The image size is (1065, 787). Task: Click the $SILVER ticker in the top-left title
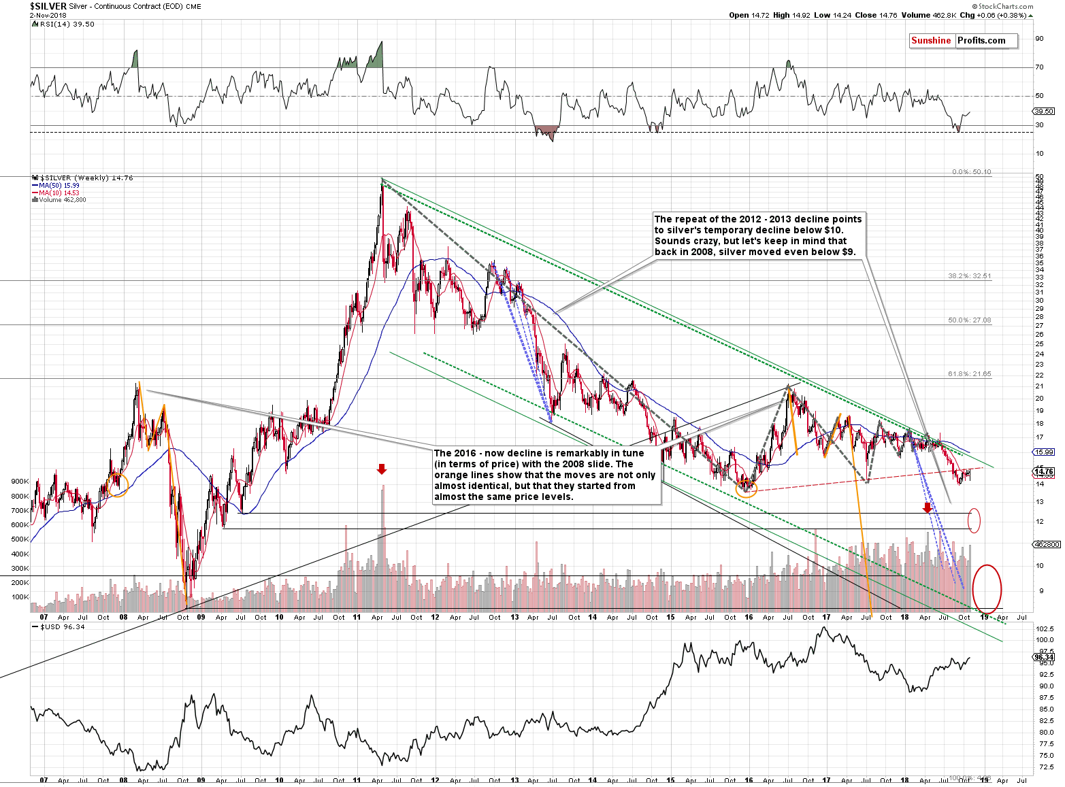[x=48, y=6]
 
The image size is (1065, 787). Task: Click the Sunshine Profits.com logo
[x=963, y=41]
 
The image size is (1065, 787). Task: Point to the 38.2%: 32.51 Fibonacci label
[x=969, y=276]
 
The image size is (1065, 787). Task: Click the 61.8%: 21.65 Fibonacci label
[x=969, y=373]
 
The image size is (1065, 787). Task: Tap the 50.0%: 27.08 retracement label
[x=969, y=320]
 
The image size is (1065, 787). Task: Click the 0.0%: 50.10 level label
[x=971, y=172]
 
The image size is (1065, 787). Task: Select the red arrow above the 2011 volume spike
[x=382, y=469]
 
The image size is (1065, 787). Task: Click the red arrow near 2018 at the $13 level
[x=926, y=507]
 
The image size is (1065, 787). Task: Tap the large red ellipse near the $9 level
[x=987, y=588]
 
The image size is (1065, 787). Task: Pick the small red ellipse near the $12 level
[x=974, y=520]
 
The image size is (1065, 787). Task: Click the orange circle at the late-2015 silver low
[x=747, y=487]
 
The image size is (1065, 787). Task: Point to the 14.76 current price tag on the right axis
[x=1043, y=472]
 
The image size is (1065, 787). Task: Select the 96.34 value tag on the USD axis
[x=1043, y=657]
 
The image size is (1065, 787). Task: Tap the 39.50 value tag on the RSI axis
[x=1043, y=111]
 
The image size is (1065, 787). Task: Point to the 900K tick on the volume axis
[x=20, y=481]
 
